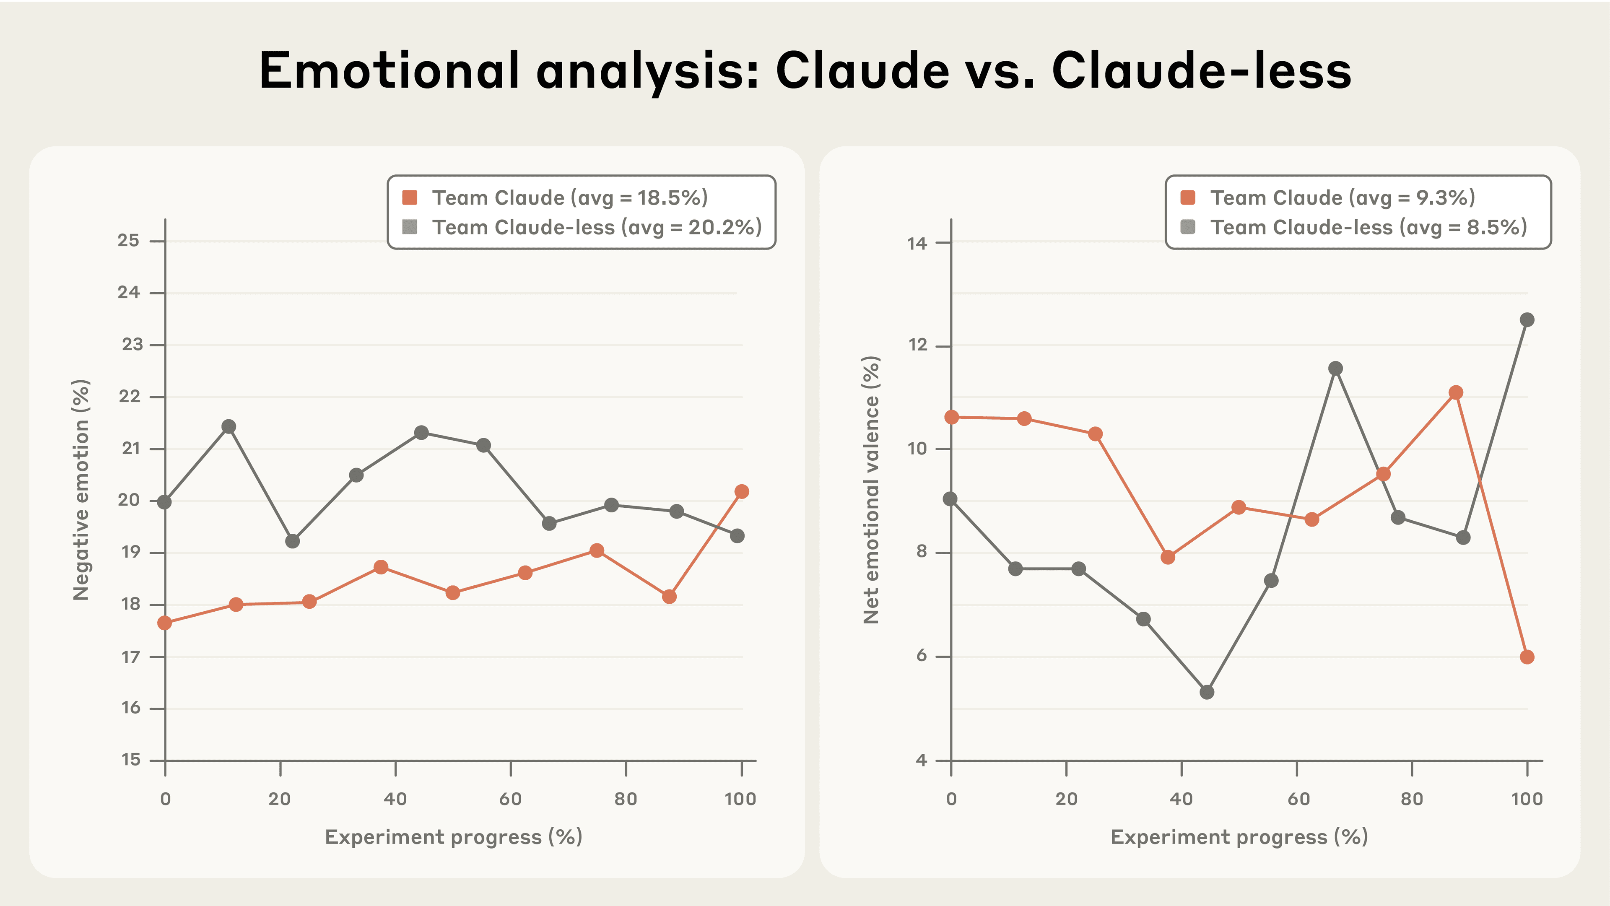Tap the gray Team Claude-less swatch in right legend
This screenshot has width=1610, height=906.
(1187, 227)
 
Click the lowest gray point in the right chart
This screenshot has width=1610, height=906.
(1207, 692)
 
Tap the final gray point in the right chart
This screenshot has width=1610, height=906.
(1527, 320)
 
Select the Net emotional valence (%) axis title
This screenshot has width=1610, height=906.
(871, 490)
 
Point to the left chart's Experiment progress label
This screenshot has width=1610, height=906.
(454, 837)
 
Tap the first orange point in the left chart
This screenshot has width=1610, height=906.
(164, 623)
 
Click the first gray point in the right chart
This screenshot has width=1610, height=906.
(950, 498)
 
